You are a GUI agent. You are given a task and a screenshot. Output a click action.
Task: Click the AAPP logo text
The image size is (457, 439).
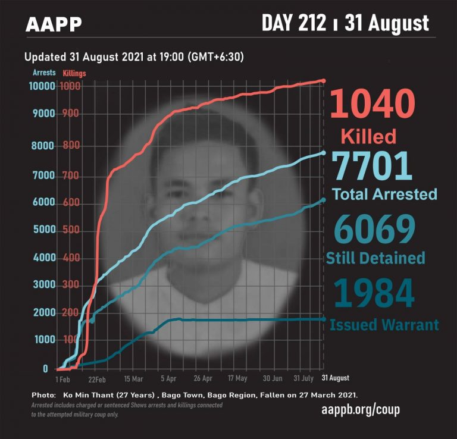(x=54, y=24)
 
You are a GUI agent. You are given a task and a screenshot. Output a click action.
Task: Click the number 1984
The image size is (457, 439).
(x=374, y=293)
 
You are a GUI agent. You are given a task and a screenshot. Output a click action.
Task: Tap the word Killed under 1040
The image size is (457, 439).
(x=368, y=136)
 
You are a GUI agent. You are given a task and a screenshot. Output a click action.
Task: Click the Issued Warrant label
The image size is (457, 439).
(x=384, y=325)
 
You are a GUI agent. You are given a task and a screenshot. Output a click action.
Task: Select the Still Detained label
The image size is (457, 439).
(x=375, y=258)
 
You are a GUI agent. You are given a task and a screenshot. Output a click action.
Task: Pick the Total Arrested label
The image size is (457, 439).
(x=384, y=194)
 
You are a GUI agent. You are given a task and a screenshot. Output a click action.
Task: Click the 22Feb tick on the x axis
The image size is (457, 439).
(x=97, y=378)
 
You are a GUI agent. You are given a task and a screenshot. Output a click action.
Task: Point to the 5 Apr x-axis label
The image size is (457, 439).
(x=168, y=378)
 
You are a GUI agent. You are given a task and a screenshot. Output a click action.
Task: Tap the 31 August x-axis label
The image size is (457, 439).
(x=336, y=378)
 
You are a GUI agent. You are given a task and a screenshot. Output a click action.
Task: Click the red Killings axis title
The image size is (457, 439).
(x=74, y=73)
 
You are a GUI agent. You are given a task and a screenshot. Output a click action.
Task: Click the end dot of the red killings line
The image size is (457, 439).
(x=323, y=80)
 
